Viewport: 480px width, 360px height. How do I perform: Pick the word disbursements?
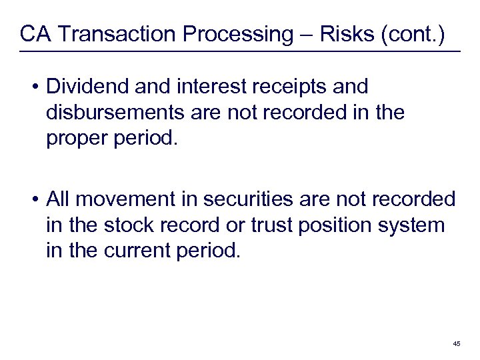tap(113, 112)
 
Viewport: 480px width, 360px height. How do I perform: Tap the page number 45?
tap(457, 343)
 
